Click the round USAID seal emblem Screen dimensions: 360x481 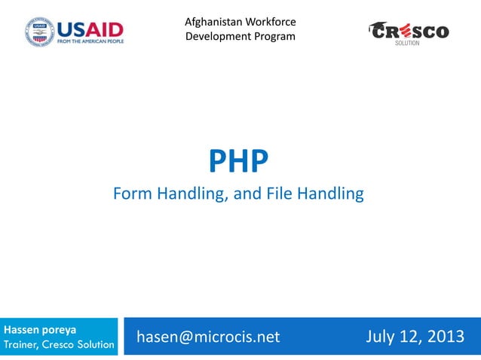[x=40, y=32]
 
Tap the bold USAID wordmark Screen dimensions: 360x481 [x=90, y=29]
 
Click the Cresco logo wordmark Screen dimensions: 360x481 [x=410, y=32]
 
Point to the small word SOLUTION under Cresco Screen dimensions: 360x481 [x=409, y=44]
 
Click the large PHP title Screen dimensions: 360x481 [x=238, y=160]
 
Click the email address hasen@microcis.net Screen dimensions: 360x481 [x=208, y=337]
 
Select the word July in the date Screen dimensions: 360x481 [x=382, y=336]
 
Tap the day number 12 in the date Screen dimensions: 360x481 [x=412, y=336]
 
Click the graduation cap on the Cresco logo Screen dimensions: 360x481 [x=376, y=26]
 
